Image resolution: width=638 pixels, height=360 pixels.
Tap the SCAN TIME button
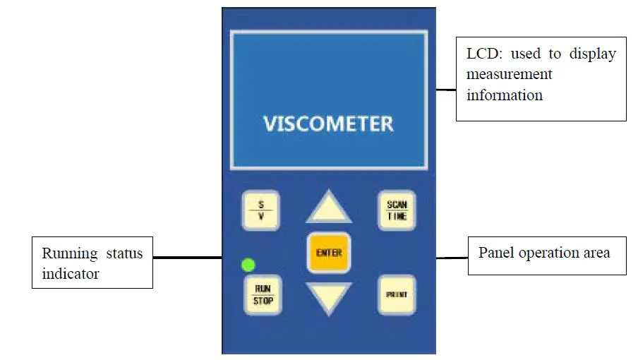click(396, 210)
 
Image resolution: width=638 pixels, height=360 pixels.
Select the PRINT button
click(396, 294)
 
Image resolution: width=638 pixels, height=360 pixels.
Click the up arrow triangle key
click(328, 209)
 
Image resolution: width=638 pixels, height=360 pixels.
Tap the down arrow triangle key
click(328, 297)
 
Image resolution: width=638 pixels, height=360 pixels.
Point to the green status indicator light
click(248, 265)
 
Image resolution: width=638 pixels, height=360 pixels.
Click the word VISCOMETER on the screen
click(328, 124)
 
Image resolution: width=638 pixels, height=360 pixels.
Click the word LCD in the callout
click(482, 54)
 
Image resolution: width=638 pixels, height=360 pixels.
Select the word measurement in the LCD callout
click(509, 74)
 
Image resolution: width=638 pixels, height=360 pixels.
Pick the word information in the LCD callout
click(505, 95)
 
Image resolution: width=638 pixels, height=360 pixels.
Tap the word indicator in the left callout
click(70, 274)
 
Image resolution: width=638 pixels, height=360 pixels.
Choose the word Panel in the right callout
click(496, 253)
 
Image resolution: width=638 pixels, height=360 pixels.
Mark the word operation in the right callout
click(548, 253)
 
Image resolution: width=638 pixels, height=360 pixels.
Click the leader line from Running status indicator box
click(187, 258)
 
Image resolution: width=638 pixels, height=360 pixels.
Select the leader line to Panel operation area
click(452, 258)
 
